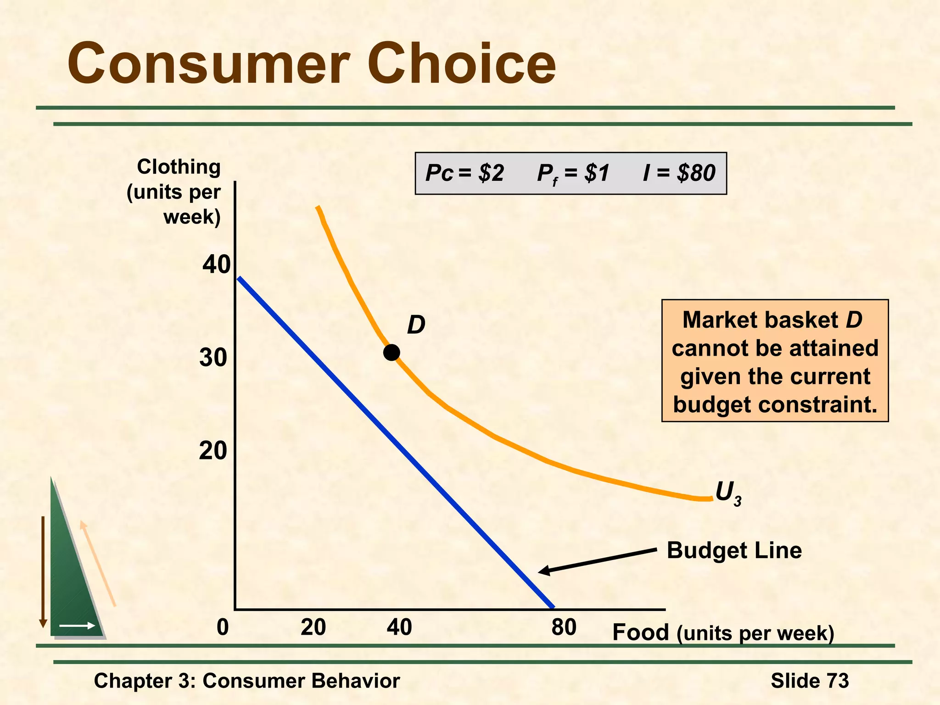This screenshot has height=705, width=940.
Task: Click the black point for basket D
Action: [x=392, y=352]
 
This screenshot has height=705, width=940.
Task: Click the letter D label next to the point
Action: [x=416, y=325]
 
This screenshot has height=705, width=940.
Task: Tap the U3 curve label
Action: [x=728, y=494]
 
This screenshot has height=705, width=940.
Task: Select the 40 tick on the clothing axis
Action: [x=216, y=265]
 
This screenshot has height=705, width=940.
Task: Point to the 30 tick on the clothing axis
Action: [x=213, y=358]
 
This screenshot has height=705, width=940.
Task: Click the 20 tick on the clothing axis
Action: [x=213, y=451]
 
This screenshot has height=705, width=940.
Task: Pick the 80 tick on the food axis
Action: [x=564, y=627]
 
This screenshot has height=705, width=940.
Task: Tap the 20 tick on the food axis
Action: [x=313, y=627]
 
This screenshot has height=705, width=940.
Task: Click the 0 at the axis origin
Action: [x=223, y=627]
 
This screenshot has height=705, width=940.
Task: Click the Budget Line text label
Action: [x=734, y=550]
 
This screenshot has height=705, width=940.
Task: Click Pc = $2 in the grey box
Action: [x=464, y=173]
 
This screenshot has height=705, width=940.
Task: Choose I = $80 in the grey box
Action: [x=679, y=173]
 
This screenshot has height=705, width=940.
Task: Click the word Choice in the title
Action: [x=461, y=63]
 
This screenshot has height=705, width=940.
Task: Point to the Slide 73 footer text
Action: [x=810, y=680]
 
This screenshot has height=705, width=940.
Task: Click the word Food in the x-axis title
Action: [x=641, y=632]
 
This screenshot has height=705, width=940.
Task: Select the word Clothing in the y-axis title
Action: [x=179, y=167]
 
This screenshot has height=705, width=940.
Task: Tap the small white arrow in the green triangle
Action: [x=77, y=626]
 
